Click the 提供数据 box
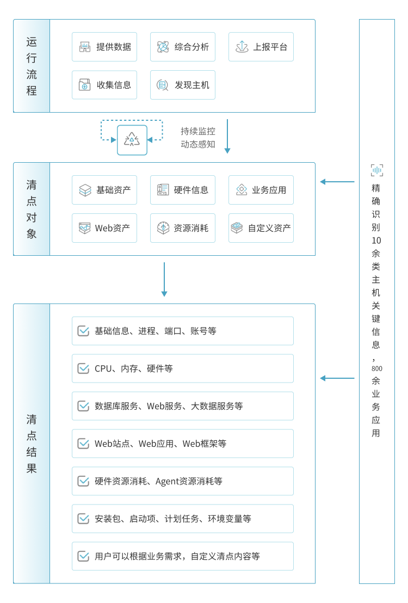(x=104, y=47)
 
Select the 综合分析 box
(x=183, y=47)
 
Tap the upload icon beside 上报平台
(x=242, y=47)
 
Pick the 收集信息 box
(x=104, y=85)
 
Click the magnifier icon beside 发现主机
(x=162, y=85)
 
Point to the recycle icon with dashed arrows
(x=132, y=140)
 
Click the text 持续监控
(x=198, y=131)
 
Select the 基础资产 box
(x=104, y=190)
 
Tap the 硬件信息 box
(x=183, y=190)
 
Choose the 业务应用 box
(x=261, y=190)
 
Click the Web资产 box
(x=104, y=228)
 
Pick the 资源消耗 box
(x=183, y=228)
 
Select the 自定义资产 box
(x=261, y=228)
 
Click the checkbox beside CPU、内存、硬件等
(x=83, y=368)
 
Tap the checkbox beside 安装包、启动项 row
(x=83, y=519)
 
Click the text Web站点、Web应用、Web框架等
(x=160, y=444)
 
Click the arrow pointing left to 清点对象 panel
(x=337, y=182)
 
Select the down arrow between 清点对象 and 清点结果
(x=164, y=279)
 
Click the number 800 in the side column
(x=376, y=368)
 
